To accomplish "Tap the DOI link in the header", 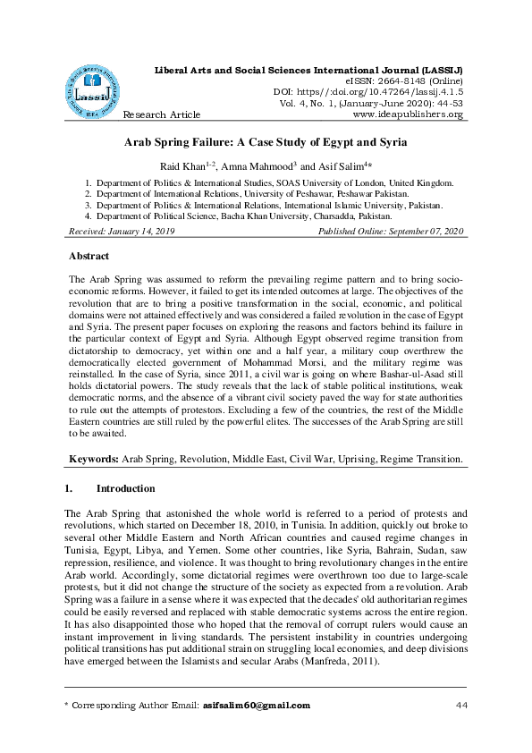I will [x=368, y=91].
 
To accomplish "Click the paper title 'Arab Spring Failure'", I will [x=266, y=142].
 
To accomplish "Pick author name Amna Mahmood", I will [x=268, y=165].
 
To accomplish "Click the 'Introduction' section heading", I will [x=125, y=489].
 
